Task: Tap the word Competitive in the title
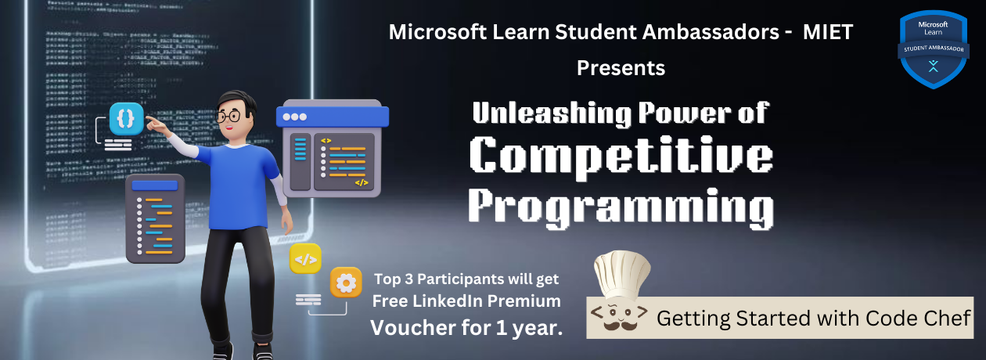[622, 156]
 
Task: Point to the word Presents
[621, 68]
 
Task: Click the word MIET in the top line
[828, 33]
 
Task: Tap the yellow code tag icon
[305, 258]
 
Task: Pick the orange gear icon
[345, 282]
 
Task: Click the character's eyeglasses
[228, 117]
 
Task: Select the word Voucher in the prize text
[411, 327]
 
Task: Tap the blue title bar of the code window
[333, 117]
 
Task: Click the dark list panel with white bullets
[154, 219]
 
